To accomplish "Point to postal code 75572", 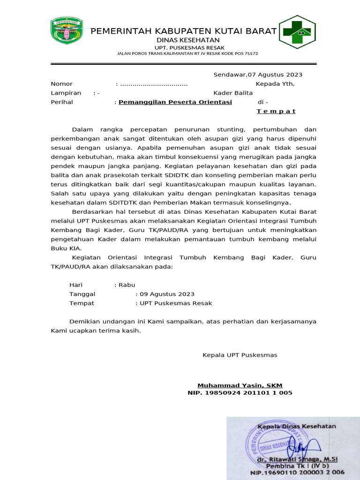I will (249, 54).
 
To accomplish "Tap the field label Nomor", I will (62, 84).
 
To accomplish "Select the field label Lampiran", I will (66, 93).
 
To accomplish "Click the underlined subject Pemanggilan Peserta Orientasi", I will (175, 102).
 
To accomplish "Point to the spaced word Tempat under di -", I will (276, 111).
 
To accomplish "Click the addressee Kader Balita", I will (233, 93).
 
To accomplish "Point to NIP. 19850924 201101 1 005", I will (240, 393).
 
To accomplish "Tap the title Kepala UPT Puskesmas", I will (240, 355).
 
